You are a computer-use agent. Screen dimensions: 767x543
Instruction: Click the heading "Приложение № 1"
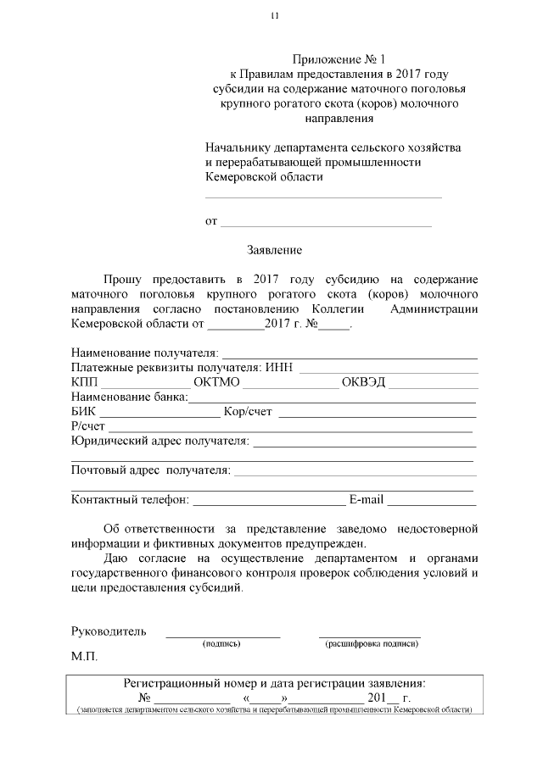pos(338,59)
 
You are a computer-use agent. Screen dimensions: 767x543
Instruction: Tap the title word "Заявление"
pos(274,250)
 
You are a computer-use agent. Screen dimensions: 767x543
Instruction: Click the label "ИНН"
pos(279,367)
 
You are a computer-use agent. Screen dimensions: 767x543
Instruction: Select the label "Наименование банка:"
pos(130,397)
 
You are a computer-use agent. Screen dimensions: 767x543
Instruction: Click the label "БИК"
pos(84,412)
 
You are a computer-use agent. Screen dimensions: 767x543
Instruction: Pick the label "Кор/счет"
pos(248,412)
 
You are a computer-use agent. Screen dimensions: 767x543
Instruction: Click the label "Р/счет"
pos(88,426)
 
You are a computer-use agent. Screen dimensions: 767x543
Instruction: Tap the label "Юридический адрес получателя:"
pos(160,441)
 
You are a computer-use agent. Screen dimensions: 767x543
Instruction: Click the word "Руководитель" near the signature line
pos(109,631)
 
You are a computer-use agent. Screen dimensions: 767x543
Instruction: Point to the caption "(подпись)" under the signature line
pos(221,645)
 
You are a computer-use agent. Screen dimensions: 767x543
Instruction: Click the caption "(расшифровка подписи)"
pos(371,645)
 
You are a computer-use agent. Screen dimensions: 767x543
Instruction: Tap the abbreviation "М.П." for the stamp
pos(85,657)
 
